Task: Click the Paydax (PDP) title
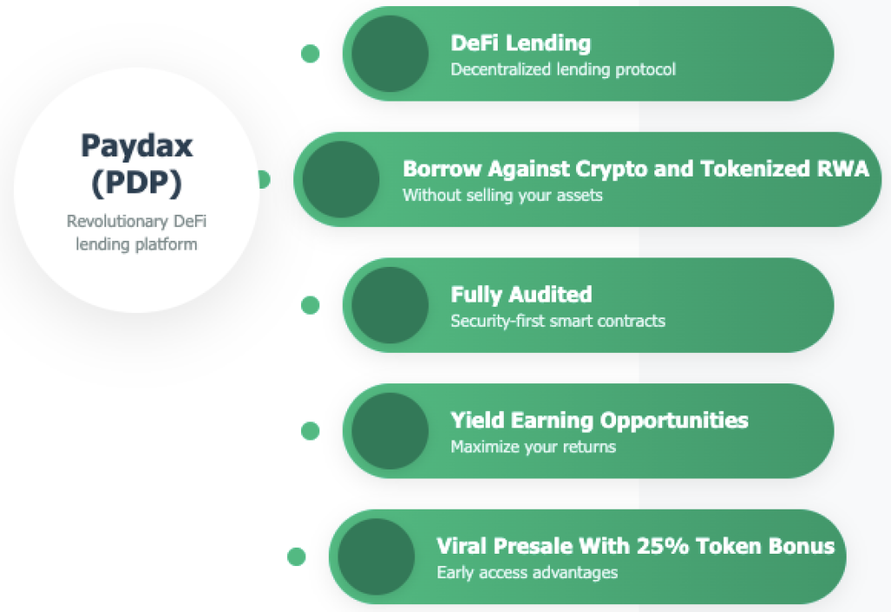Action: [x=137, y=164]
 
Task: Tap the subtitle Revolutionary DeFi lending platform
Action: [x=137, y=232]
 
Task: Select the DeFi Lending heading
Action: [x=520, y=43]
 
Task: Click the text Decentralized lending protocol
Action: [x=563, y=70]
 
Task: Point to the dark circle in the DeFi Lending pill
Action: [x=390, y=53]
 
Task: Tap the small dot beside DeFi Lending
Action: [x=311, y=53]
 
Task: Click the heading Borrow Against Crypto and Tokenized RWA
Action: [x=636, y=169]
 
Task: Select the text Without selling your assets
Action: [x=502, y=196]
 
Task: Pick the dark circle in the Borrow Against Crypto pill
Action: [x=341, y=179]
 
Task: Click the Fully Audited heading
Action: [x=521, y=295]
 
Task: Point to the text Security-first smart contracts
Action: [x=558, y=321]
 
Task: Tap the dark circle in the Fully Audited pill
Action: [x=390, y=305]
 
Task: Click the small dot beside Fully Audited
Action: [x=311, y=305]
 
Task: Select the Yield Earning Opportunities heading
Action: [x=600, y=421]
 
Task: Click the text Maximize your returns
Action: [x=533, y=447]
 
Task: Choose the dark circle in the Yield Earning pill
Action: [x=390, y=431]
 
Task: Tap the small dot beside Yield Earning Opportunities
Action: [x=311, y=431]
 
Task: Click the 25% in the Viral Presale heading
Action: [x=661, y=546]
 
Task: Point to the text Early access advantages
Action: [x=527, y=572]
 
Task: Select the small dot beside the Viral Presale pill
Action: [x=297, y=556]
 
